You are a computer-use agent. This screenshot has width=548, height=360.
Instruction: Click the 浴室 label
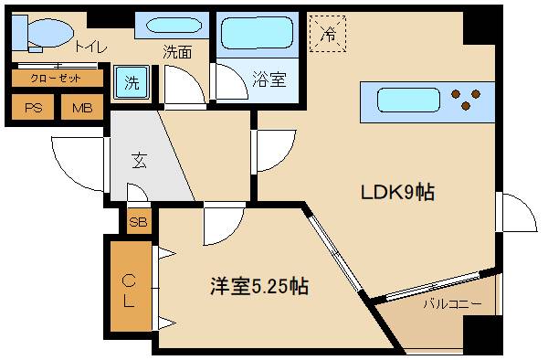point(269,79)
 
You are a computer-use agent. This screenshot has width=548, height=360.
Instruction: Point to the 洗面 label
point(177,53)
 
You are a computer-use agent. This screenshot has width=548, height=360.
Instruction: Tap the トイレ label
point(89,46)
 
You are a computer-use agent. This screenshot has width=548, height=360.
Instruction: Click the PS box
point(34,108)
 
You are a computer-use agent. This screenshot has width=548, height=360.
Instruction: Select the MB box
point(81,108)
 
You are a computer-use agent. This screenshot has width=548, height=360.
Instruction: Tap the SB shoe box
point(140,222)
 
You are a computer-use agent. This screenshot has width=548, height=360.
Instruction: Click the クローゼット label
point(56,79)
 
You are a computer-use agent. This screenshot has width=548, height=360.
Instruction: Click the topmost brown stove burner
point(476,91)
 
